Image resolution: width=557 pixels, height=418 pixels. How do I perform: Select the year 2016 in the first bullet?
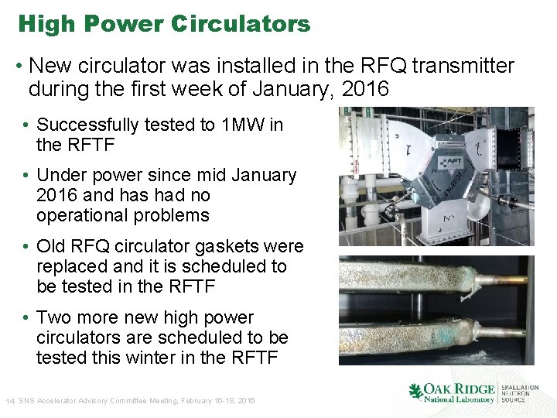pyautogui.click(x=364, y=89)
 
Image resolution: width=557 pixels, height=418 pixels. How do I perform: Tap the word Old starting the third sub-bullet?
pyautogui.click(x=52, y=247)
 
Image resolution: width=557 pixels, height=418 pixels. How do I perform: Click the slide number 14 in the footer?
pyautogui.click(x=10, y=401)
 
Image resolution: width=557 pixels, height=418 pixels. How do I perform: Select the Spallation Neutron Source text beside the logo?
pyautogui.click(x=521, y=393)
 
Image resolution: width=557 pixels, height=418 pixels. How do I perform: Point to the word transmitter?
pyautogui.click(x=463, y=67)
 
